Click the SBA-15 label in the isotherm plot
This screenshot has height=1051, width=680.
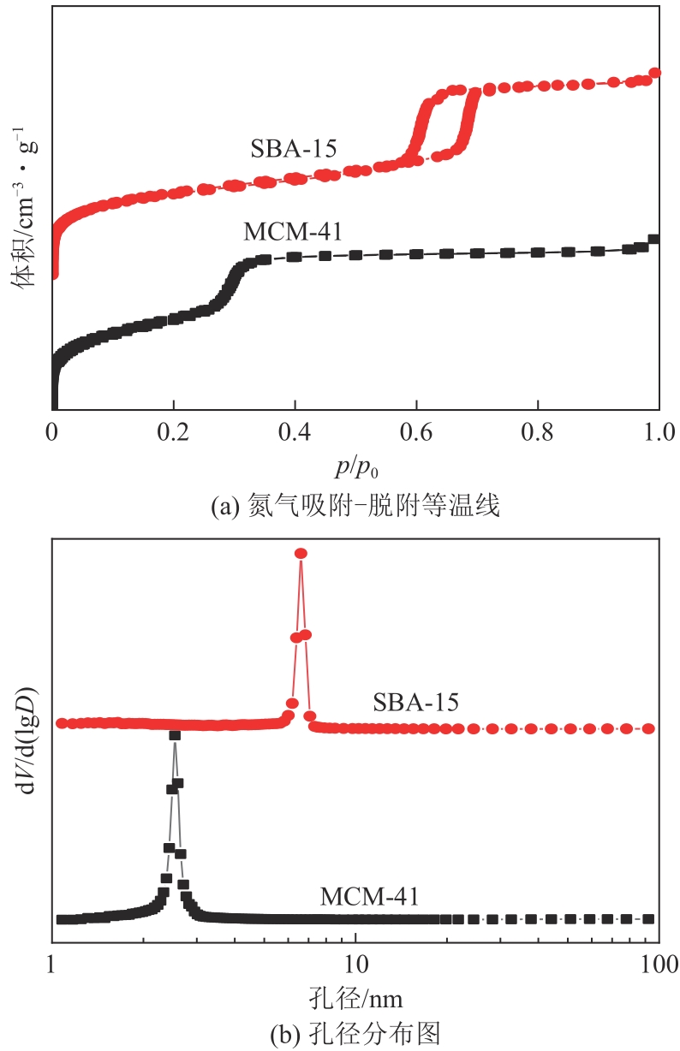tap(294, 148)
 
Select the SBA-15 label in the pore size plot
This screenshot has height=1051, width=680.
tap(416, 703)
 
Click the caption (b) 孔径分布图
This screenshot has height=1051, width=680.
tap(355, 1034)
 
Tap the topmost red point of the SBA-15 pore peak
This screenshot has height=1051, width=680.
tap(301, 554)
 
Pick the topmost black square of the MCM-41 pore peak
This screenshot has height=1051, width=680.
tap(175, 735)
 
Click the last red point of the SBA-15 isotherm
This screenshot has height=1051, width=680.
tap(655, 73)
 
